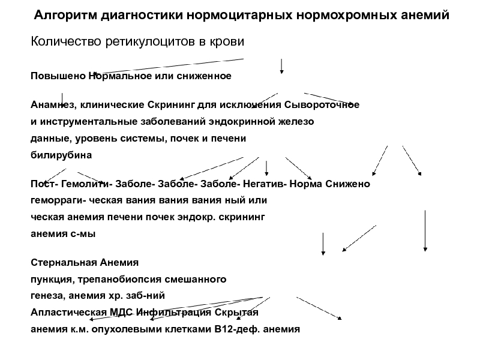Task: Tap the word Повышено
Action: click(x=58, y=77)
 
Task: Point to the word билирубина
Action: click(x=61, y=155)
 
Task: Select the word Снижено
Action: click(x=348, y=184)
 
